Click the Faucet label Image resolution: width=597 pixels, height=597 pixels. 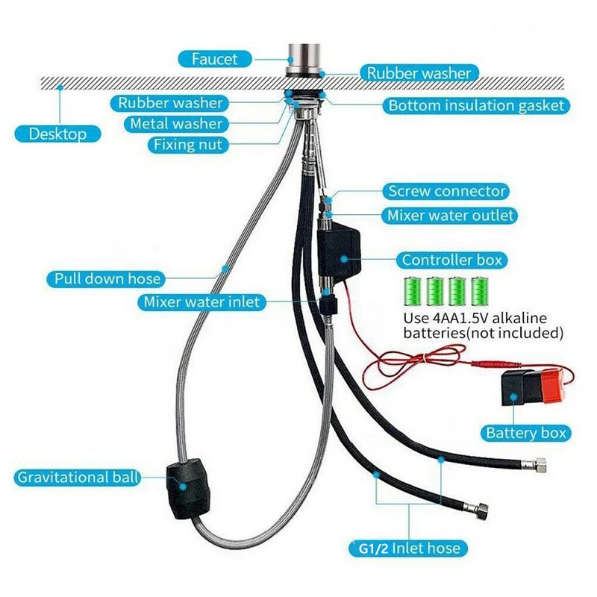[x=214, y=58]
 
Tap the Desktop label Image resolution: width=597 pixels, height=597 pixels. [x=57, y=134]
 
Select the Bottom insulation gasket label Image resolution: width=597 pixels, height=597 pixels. [x=476, y=105]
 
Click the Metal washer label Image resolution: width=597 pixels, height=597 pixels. [x=176, y=124]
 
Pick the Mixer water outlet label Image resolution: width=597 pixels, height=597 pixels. [x=450, y=216]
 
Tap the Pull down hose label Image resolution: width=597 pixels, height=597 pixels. [x=107, y=279]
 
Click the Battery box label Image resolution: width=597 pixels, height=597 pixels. [x=526, y=433]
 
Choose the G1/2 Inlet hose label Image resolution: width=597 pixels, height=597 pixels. [x=406, y=549]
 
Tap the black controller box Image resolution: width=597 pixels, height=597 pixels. [x=340, y=253]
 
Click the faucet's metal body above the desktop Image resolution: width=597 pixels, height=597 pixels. [x=301, y=56]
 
